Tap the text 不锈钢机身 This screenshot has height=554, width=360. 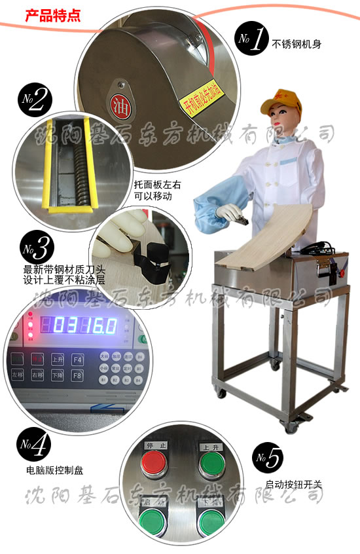tap(299, 45)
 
